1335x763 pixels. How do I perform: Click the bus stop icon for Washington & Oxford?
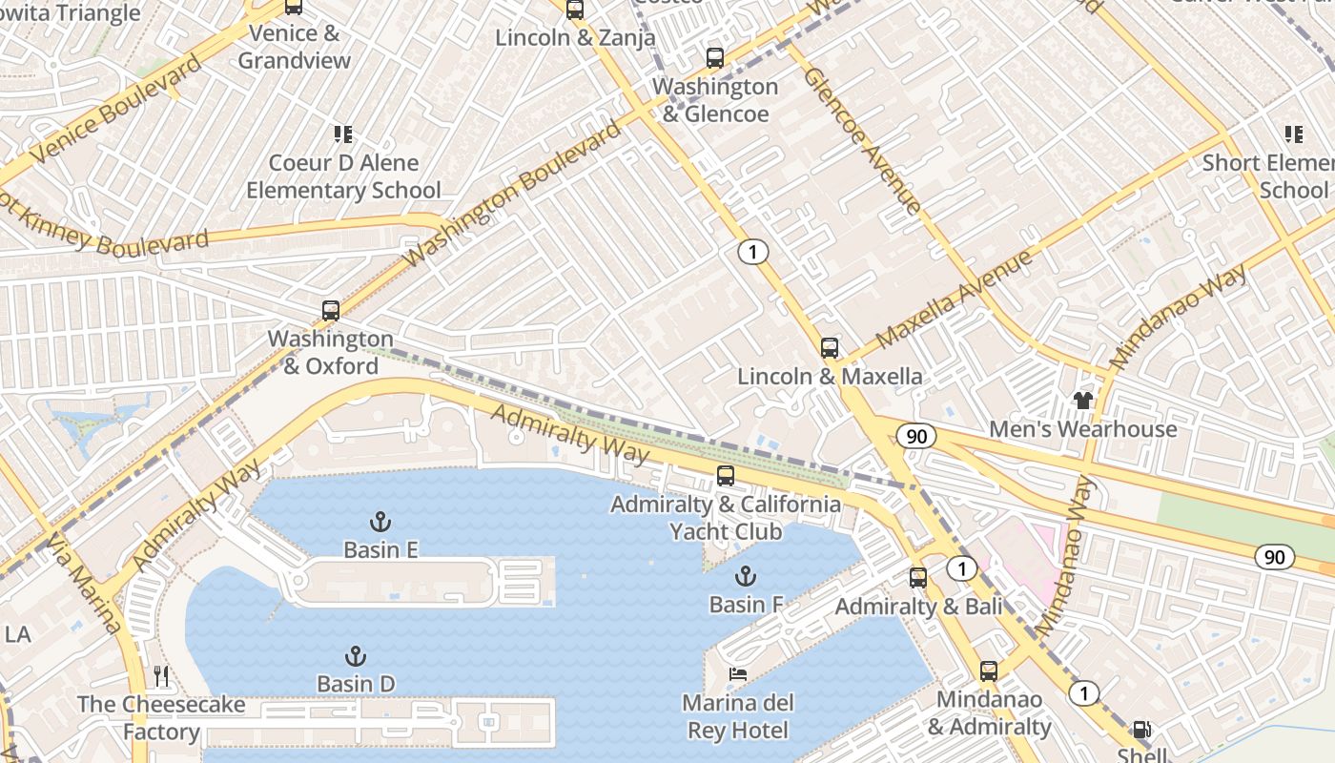pyautogui.click(x=330, y=311)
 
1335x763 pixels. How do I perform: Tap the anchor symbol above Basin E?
pyautogui.click(x=380, y=522)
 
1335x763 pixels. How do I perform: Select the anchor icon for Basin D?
pyautogui.click(x=355, y=656)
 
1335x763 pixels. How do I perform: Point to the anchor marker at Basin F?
pyautogui.click(x=746, y=576)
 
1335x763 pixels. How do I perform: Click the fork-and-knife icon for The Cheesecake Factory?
pyautogui.click(x=161, y=677)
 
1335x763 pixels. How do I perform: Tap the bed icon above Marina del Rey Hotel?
pyautogui.click(x=737, y=674)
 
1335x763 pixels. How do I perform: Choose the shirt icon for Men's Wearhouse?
pyautogui.click(x=1082, y=401)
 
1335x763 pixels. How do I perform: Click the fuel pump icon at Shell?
pyautogui.click(x=1140, y=731)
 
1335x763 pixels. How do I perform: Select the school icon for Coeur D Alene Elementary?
pyautogui.click(x=342, y=134)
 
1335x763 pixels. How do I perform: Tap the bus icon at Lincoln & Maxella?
pyautogui.click(x=830, y=348)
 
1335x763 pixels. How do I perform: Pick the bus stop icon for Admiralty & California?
pyautogui.click(x=726, y=476)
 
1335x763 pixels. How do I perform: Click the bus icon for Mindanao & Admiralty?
pyautogui.click(x=989, y=671)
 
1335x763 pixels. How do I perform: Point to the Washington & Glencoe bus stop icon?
pyautogui.click(x=715, y=58)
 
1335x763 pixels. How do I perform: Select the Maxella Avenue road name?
pyautogui.click(x=953, y=299)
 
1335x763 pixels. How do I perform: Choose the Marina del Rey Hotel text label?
pyautogui.click(x=737, y=717)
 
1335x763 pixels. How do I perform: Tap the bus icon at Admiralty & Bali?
pyautogui.click(x=917, y=578)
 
